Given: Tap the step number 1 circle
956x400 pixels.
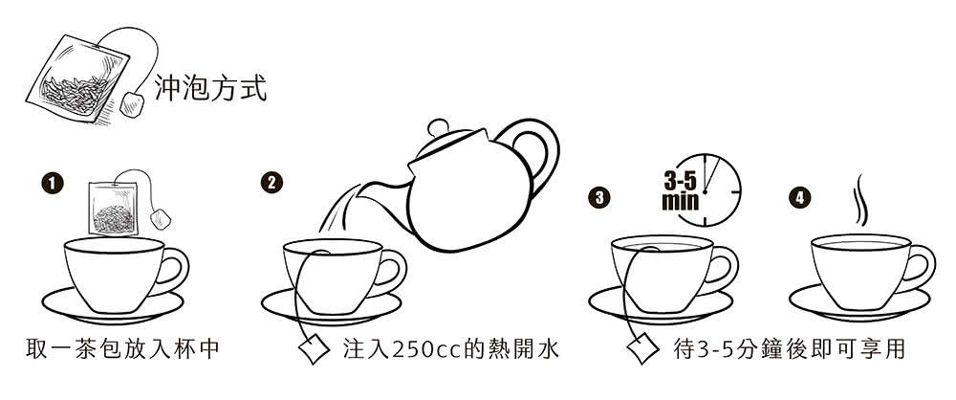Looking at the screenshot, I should tap(53, 181).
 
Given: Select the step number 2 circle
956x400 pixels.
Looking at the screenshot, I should tap(273, 183).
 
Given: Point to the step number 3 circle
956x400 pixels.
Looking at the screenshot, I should tap(598, 198).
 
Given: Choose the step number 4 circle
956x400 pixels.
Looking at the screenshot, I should tap(798, 198).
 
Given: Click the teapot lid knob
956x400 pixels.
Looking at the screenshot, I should tap(439, 126).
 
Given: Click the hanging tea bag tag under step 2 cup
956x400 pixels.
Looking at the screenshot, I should tap(314, 350).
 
